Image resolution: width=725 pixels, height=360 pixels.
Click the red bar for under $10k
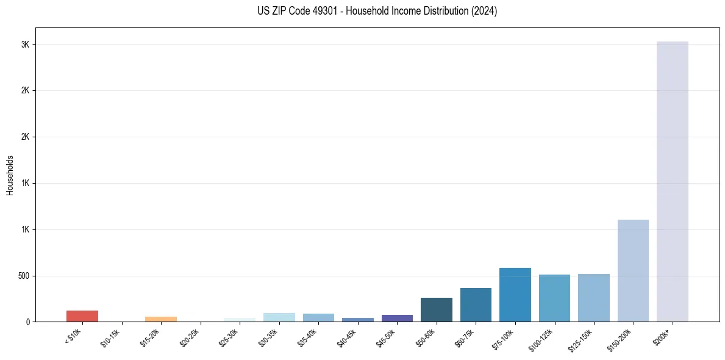click(82, 316)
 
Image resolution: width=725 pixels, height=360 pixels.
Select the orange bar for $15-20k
click(161, 319)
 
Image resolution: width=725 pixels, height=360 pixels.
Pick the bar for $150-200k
click(633, 270)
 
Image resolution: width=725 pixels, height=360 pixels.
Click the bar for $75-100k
click(515, 295)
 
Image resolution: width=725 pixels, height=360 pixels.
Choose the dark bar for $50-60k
click(437, 309)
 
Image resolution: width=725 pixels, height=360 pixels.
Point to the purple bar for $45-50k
click(397, 318)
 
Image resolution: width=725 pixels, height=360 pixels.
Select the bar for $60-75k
click(476, 304)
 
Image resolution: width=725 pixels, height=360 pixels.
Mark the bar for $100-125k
click(554, 298)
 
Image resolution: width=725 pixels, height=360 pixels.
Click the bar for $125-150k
click(594, 298)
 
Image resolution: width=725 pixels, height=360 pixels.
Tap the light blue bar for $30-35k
click(279, 317)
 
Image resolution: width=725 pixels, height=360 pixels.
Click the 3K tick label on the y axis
click(24, 45)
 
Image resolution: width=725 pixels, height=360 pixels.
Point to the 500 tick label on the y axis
click(23, 276)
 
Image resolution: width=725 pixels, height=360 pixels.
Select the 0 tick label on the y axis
click(28, 322)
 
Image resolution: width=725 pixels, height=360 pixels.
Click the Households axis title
click(10, 175)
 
